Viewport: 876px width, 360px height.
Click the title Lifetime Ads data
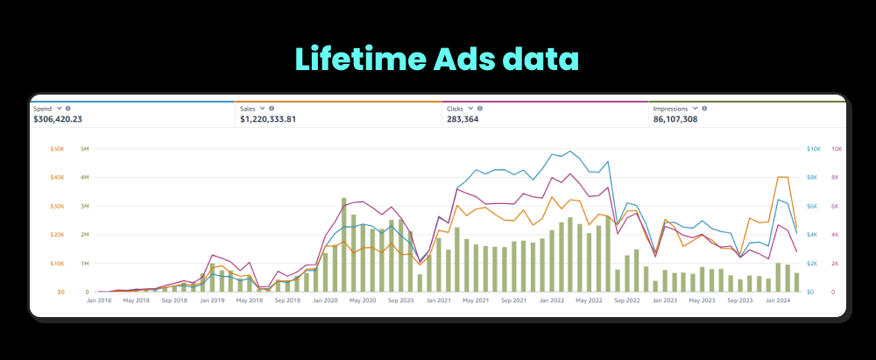click(437, 59)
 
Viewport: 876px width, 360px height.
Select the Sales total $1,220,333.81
click(280, 119)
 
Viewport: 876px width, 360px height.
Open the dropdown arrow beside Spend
click(59, 108)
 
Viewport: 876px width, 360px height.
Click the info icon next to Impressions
click(705, 108)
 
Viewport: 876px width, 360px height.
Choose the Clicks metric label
click(456, 108)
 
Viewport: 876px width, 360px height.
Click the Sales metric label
click(249, 108)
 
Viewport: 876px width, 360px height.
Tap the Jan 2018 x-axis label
click(98, 300)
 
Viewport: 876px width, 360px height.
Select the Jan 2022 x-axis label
click(551, 300)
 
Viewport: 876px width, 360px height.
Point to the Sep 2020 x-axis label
click(400, 300)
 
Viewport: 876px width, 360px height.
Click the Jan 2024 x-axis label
click(778, 300)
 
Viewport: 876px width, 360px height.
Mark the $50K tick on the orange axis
click(57, 149)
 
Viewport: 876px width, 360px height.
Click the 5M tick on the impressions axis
click(84, 149)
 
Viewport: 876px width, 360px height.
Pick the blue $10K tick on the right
click(813, 149)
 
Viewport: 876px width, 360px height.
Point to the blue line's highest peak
click(571, 152)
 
